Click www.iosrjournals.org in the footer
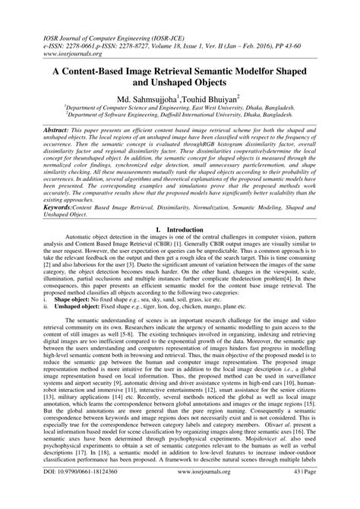click(180, 493)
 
